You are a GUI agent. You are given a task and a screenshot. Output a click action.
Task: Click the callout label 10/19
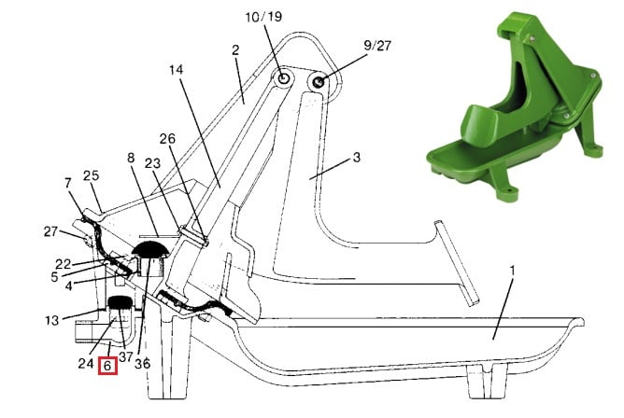pyautogui.click(x=263, y=17)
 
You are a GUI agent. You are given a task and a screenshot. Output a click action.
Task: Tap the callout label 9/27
pyautogui.click(x=377, y=46)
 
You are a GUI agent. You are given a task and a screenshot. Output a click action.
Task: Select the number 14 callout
pyautogui.click(x=176, y=70)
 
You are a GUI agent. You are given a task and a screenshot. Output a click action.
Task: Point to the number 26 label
pyautogui.click(x=167, y=139)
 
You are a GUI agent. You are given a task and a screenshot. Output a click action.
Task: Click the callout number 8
pyautogui.click(x=131, y=158)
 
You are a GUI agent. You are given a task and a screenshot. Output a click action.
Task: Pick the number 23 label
pyautogui.click(x=152, y=163)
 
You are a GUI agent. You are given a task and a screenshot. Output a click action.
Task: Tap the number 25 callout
pyautogui.click(x=92, y=175)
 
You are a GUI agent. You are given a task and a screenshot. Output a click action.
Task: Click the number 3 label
pyautogui.click(x=357, y=158)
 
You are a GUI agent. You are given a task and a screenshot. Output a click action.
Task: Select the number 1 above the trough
pyautogui.click(x=512, y=271)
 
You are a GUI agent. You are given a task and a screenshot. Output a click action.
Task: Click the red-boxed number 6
pyautogui.click(x=107, y=365)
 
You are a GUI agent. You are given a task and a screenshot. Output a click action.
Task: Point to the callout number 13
pyautogui.click(x=51, y=320)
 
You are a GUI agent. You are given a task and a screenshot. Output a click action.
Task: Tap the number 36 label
pyautogui.click(x=143, y=364)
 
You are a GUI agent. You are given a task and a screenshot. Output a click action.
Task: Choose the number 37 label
pyautogui.click(x=125, y=356)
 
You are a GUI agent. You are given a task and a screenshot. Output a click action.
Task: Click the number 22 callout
pyautogui.click(x=63, y=264)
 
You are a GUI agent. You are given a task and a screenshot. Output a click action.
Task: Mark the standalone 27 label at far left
pyautogui.click(x=51, y=231)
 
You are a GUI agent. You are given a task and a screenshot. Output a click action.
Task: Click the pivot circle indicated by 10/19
pyautogui.click(x=283, y=77)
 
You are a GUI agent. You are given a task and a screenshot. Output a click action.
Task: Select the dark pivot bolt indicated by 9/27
pyautogui.click(x=319, y=82)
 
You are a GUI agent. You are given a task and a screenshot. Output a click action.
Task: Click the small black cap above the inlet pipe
pyautogui.click(x=120, y=302)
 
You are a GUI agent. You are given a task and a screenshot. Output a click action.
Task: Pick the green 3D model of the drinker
pyautogui.click(x=515, y=105)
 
